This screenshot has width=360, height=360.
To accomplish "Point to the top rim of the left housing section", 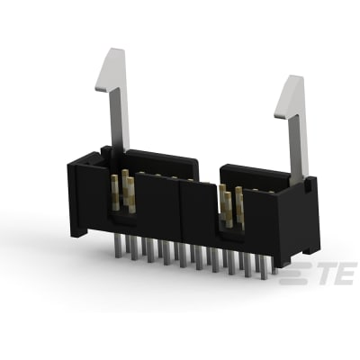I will (157, 162).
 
